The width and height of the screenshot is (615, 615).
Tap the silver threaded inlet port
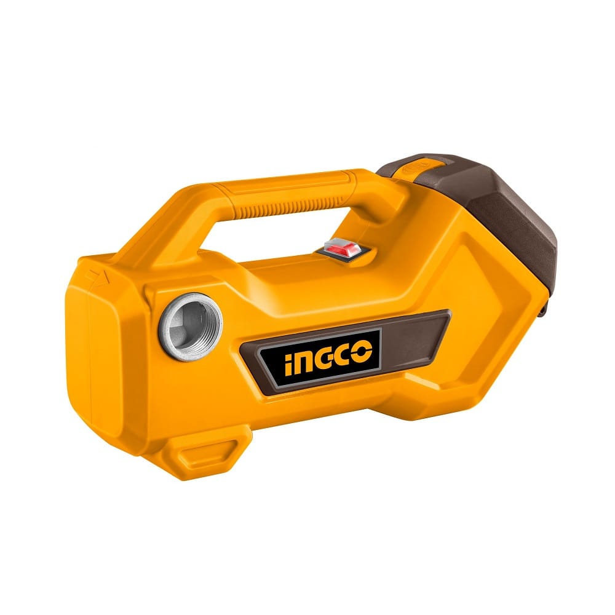(x=190, y=327)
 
